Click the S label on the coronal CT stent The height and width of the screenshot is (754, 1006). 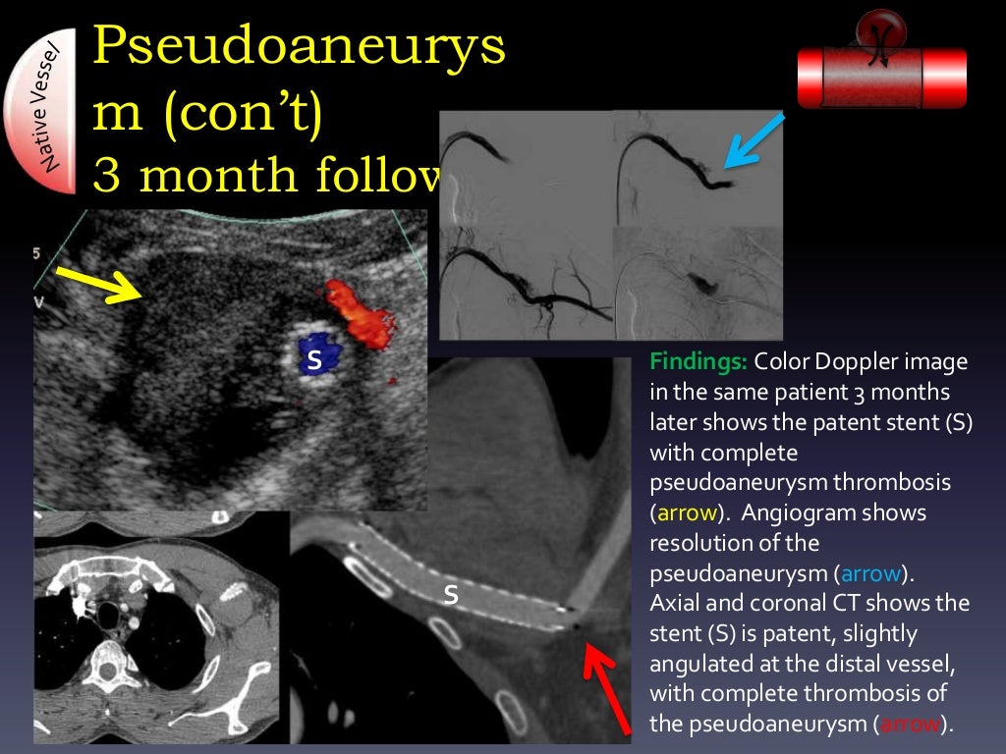451,593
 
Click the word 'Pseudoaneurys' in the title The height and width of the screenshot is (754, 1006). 300,47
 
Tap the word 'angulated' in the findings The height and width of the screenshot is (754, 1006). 699,663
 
